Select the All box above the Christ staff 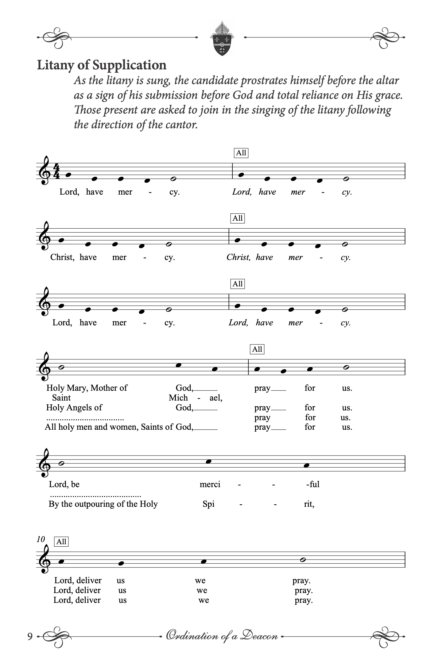[238, 218]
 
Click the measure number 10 [41, 539]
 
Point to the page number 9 [30, 637]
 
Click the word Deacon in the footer [259, 635]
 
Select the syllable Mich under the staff [178, 398]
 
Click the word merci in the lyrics [210, 484]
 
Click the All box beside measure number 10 [61, 542]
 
